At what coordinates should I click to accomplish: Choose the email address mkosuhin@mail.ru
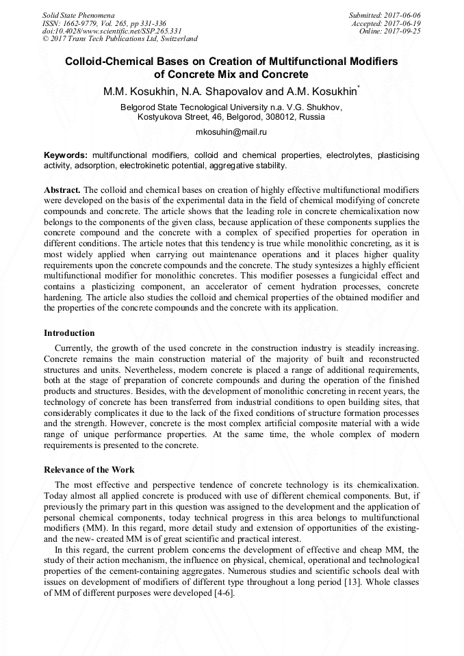pyautogui.click(x=231, y=131)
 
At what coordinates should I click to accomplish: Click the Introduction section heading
pyautogui.click(x=69, y=333)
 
